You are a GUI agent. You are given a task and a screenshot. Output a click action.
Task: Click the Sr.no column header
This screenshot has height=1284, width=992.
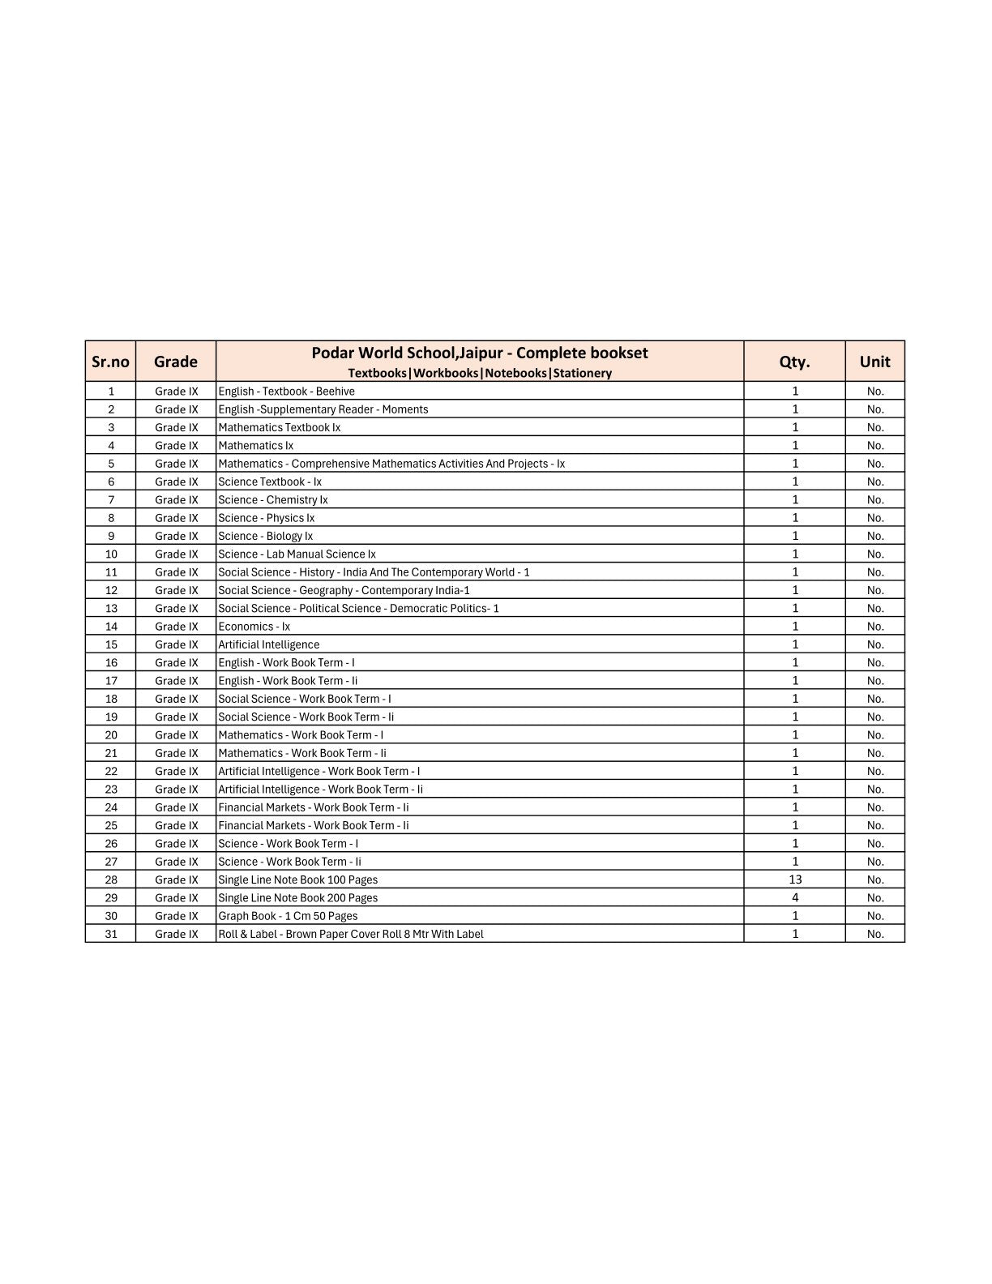[x=110, y=362]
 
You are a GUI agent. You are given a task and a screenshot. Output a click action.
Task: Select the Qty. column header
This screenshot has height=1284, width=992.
[x=794, y=362]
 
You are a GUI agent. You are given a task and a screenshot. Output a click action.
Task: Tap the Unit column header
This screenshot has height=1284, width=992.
[x=874, y=362]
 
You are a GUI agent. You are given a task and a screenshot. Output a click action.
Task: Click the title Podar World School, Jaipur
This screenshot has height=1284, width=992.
[x=480, y=353]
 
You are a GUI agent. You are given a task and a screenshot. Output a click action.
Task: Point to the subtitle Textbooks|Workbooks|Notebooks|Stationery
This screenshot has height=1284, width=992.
[x=480, y=373]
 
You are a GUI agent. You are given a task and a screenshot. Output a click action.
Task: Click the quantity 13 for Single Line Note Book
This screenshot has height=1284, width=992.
[x=794, y=880]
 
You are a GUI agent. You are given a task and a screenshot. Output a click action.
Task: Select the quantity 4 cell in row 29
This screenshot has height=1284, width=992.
[x=794, y=897]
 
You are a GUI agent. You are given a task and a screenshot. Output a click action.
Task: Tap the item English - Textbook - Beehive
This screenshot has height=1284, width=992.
[x=286, y=392]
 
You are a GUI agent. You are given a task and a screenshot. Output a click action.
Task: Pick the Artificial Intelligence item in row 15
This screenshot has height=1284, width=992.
[x=268, y=644]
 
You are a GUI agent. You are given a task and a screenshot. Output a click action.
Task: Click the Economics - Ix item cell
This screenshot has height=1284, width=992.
[x=254, y=627]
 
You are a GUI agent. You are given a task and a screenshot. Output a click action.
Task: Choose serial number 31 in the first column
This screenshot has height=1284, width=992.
[x=111, y=934]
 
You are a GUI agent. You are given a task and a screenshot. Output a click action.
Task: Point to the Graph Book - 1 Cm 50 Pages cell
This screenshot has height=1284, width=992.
[x=288, y=916]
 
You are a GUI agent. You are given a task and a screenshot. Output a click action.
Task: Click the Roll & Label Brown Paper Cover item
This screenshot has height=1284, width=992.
[x=350, y=934]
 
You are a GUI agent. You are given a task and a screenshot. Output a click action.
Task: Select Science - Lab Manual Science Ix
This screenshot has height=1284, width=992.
[x=297, y=554]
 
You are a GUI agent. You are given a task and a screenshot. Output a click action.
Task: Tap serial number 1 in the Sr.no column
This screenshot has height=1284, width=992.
[x=111, y=392]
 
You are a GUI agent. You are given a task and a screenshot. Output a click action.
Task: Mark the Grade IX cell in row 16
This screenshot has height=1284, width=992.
[x=176, y=663]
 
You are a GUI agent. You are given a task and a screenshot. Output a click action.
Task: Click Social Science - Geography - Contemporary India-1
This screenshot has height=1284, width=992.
[x=344, y=590]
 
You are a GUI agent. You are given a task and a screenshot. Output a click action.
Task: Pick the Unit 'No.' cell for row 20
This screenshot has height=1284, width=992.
[x=875, y=735]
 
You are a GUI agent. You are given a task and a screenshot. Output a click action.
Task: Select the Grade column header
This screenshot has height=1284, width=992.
[x=176, y=362]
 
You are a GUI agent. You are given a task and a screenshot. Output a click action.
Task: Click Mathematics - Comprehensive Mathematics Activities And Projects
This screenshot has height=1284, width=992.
[x=391, y=464]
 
